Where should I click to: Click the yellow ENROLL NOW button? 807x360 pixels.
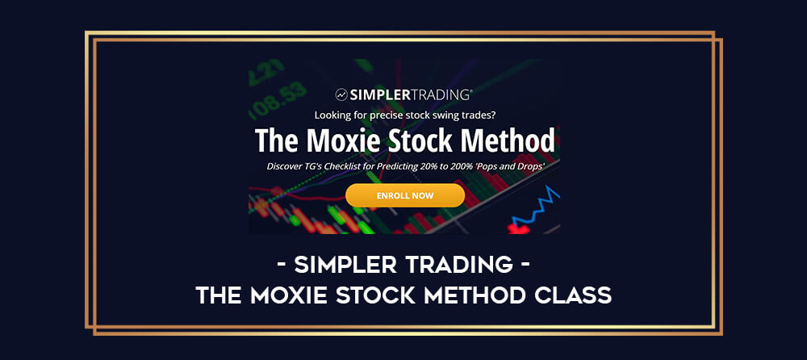404,195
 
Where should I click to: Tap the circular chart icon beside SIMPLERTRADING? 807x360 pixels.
341,94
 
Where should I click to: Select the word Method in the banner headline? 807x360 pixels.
508,140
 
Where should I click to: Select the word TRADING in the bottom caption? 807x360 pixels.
459,266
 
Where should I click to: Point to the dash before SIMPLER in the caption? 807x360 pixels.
282,266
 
